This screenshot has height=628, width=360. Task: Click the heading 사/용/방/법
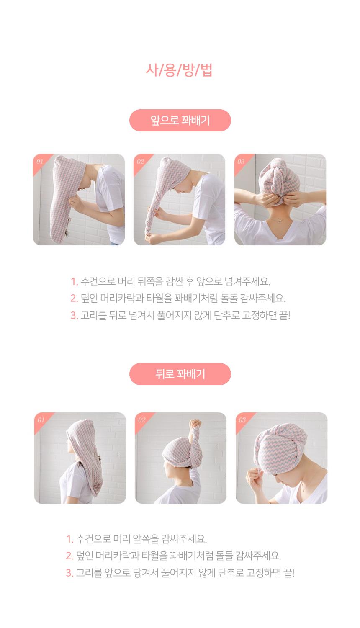coord(179,70)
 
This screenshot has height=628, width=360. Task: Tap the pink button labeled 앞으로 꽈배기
coord(180,120)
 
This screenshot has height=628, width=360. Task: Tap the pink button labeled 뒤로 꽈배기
coord(180,374)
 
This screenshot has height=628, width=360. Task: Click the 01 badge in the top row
coord(40,162)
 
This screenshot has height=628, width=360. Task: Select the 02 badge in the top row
coord(140,162)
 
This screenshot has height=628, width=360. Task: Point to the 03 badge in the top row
coord(241,162)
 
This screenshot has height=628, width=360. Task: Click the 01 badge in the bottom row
coord(41,420)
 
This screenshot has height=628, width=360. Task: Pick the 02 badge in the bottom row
coord(141,420)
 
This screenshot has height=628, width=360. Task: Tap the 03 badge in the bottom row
coord(242,420)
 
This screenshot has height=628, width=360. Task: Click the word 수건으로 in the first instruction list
coord(98,281)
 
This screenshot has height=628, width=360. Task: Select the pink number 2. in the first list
coord(74,298)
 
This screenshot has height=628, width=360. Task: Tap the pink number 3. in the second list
coord(69,573)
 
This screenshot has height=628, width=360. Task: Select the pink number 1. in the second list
coord(69,539)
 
